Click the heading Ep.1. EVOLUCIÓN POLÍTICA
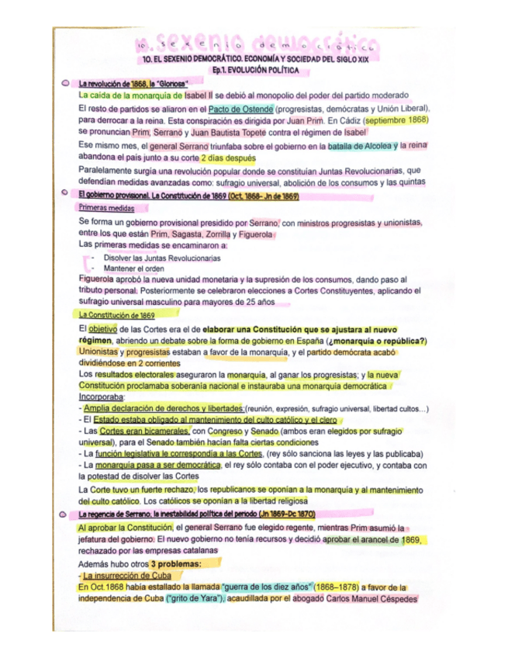tap(254, 70)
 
